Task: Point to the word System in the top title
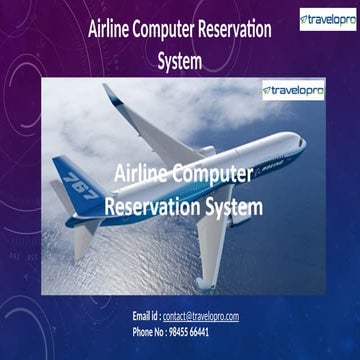point(179,60)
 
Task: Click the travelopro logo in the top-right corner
point(326,19)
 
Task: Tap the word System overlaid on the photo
point(237,207)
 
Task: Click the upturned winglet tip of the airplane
point(110,92)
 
